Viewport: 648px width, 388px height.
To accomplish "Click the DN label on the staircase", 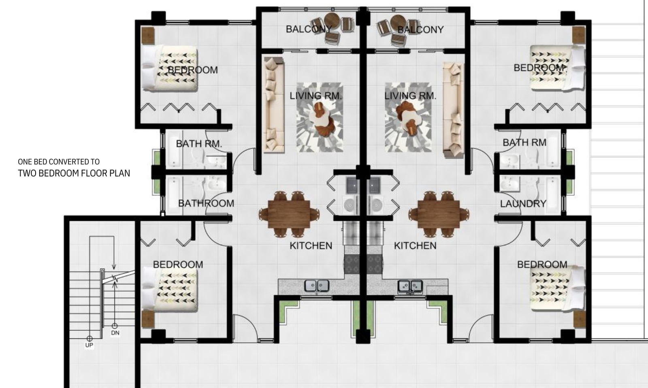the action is pyautogui.click(x=115, y=333).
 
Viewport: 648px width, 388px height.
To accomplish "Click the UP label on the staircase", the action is pyautogui.click(x=89, y=345).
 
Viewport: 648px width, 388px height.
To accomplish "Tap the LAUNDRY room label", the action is pyautogui.click(x=523, y=204).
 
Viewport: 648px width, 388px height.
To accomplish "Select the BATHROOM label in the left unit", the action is pyautogui.click(x=206, y=203).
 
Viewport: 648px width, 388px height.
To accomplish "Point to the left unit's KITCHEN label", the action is pyautogui.click(x=311, y=246).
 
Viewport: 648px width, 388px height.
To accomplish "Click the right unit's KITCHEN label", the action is pyautogui.click(x=415, y=246).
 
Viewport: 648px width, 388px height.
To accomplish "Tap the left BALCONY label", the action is pyautogui.click(x=309, y=29).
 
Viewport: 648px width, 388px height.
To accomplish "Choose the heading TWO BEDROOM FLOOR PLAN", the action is pyautogui.click(x=74, y=173).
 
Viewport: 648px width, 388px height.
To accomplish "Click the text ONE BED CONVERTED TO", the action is pyautogui.click(x=59, y=162).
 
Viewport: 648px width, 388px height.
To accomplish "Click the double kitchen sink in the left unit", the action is pyautogui.click(x=316, y=286).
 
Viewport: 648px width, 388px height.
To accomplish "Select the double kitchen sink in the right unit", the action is pyautogui.click(x=410, y=286).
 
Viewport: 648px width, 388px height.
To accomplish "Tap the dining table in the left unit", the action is pyautogui.click(x=289, y=214).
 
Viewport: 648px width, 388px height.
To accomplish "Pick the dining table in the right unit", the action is pyautogui.click(x=439, y=214).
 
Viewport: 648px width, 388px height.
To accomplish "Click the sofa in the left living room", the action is pyautogui.click(x=274, y=104).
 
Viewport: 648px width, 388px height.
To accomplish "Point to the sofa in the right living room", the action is pyautogui.click(x=453, y=110).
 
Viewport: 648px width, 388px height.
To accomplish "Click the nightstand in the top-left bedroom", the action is pyautogui.click(x=148, y=36).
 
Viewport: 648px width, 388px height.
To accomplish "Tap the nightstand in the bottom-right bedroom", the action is pyautogui.click(x=580, y=319).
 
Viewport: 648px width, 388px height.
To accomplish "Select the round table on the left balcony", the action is pyautogui.click(x=332, y=20).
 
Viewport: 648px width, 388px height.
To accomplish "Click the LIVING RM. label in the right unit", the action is pyautogui.click(x=410, y=96).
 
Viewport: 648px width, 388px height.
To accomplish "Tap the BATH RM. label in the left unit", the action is pyautogui.click(x=199, y=143).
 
